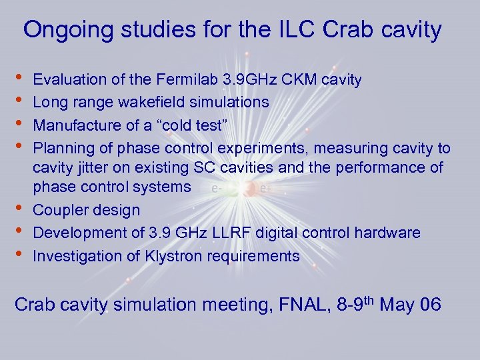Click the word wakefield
tap(155, 103)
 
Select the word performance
tap(384, 167)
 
